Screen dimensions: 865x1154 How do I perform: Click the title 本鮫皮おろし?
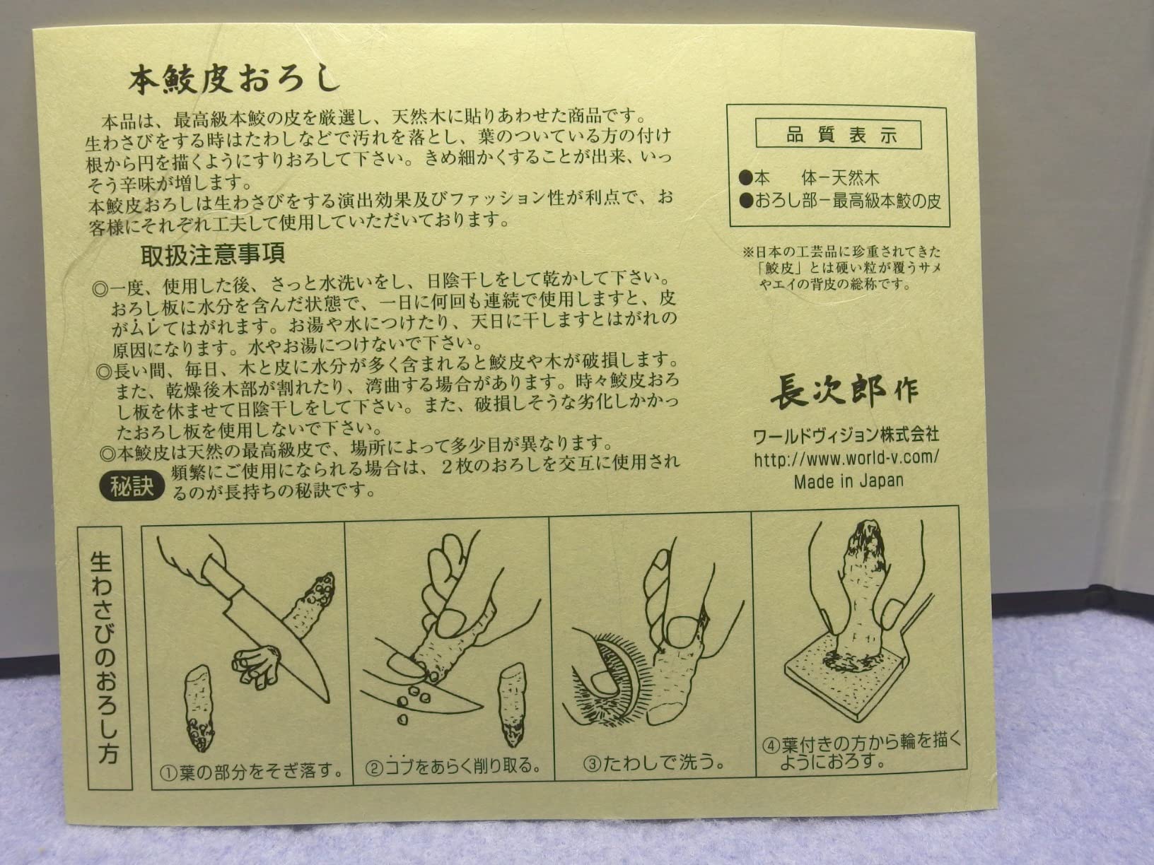coord(233,79)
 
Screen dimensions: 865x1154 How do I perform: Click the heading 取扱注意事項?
coord(212,253)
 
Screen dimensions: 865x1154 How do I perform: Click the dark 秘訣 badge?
coord(132,486)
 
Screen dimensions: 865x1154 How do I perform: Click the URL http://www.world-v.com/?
coord(846,457)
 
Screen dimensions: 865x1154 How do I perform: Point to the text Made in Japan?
coord(849,481)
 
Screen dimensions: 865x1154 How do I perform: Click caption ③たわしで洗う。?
coord(654,763)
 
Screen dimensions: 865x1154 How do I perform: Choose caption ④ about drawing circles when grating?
coord(861,751)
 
